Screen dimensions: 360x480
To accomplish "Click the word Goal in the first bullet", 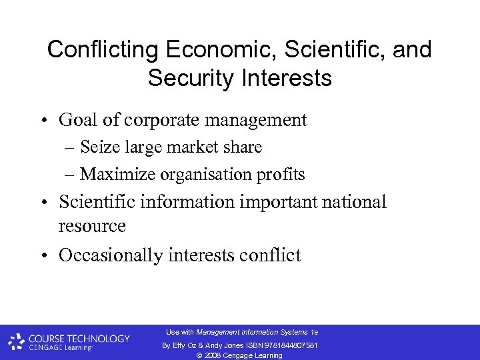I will (77, 120).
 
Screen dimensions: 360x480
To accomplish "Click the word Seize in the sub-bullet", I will (97, 147).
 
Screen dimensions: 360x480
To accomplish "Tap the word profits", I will (283, 175).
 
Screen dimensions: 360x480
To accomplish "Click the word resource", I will (92, 226).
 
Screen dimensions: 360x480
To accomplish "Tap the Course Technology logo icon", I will (17, 342).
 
